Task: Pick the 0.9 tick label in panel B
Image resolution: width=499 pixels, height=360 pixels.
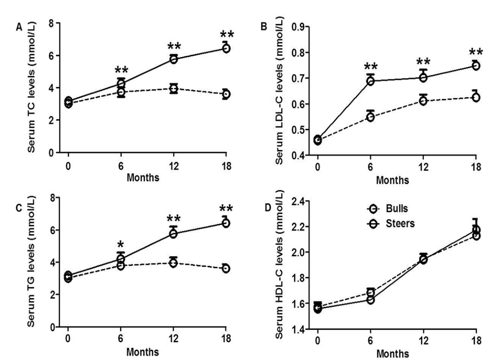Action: click(298, 27)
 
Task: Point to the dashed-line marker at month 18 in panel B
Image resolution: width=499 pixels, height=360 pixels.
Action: click(476, 97)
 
